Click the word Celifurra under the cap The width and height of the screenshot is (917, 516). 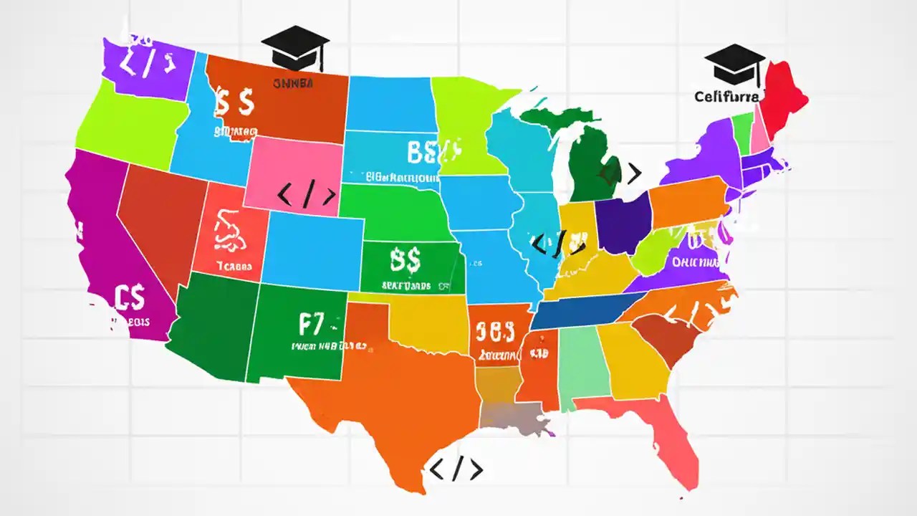727,96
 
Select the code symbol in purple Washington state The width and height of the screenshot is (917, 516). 146,64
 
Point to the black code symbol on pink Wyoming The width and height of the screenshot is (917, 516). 306,195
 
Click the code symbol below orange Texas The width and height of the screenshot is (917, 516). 456,469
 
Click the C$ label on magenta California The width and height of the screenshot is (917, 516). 129,295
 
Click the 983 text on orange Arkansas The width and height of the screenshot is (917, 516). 495,331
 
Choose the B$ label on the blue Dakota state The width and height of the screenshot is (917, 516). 426,151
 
